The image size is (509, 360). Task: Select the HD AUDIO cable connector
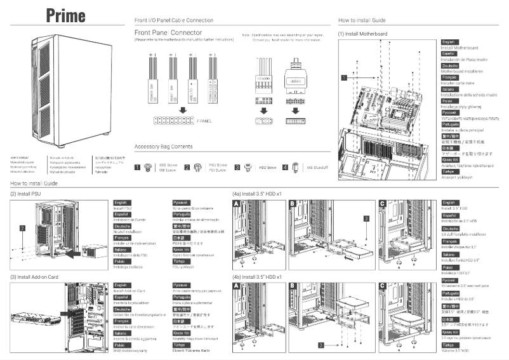pyautogui.click(x=263, y=81)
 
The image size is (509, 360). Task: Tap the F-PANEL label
pyautogui.click(x=203, y=119)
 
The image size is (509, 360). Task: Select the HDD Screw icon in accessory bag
pyautogui.click(x=249, y=168)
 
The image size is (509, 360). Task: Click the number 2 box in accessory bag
pyautogui.click(x=187, y=168)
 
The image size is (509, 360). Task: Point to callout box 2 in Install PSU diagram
pyautogui.click(x=22, y=227)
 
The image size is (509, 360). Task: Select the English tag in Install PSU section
pyautogui.click(x=122, y=201)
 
